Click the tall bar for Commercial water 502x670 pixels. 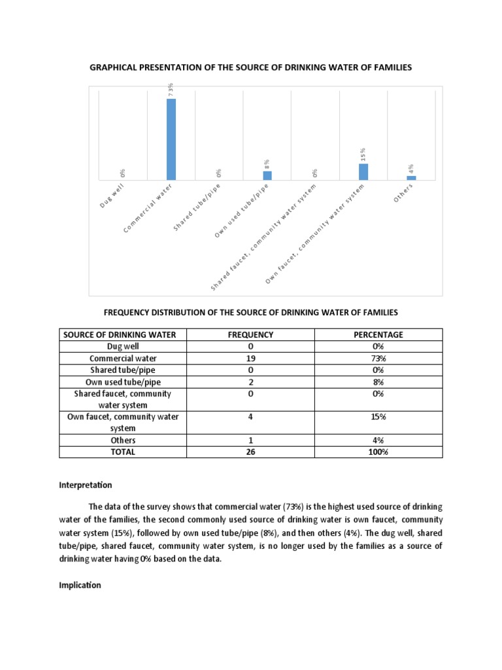point(171,139)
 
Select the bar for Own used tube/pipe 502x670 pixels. point(267,175)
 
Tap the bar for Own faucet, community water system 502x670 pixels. point(363,171)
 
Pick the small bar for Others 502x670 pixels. point(411,177)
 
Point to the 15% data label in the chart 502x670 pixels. point(363,154)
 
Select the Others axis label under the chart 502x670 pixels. point(405,192)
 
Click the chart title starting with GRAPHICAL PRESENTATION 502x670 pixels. point(250,68)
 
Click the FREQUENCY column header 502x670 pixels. point(250,334)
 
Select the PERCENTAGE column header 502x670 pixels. point(378,334)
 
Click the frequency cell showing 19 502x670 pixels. point(250,358)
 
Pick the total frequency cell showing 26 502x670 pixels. point(250,451)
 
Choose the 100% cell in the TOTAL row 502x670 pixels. point(378,451)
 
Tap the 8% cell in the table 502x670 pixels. point(378,381)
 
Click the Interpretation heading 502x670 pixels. point(86,485)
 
